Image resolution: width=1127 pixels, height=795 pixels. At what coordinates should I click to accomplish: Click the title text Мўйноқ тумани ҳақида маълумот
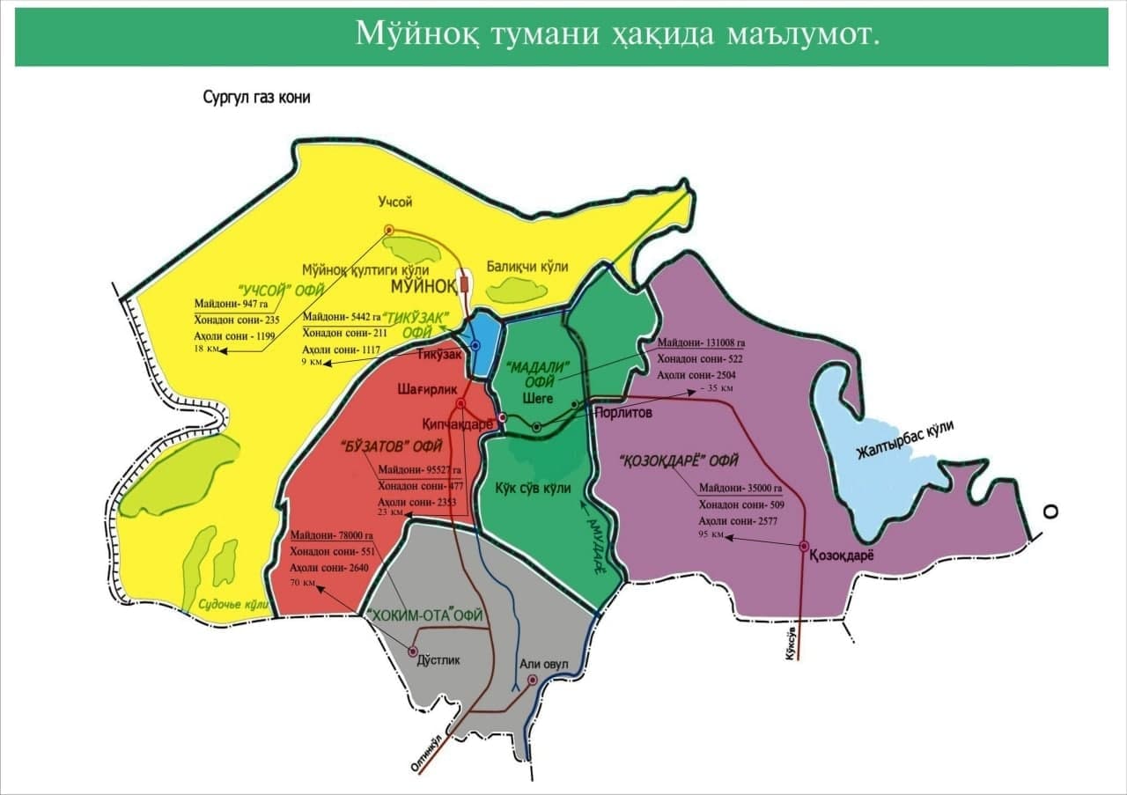click(617, 33)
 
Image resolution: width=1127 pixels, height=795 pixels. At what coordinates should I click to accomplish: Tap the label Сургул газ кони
click(257, 98)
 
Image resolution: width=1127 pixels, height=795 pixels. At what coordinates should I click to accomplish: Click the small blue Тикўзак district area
click(480, 339)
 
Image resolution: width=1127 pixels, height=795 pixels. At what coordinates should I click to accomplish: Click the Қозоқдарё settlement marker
click(804, 547)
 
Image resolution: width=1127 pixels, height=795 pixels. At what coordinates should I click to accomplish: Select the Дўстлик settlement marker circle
click(413, 651)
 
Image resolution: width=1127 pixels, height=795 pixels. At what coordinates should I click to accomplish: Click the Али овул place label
click(545, 663)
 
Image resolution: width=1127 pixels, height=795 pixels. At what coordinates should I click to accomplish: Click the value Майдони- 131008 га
click(701, 343)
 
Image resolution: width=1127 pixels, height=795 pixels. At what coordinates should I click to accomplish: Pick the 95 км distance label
click(712, 534)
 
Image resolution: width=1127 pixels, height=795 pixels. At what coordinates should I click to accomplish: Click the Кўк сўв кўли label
click(532, 488)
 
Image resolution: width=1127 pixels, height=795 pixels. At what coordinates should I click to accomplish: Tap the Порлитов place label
click(623, 414)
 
